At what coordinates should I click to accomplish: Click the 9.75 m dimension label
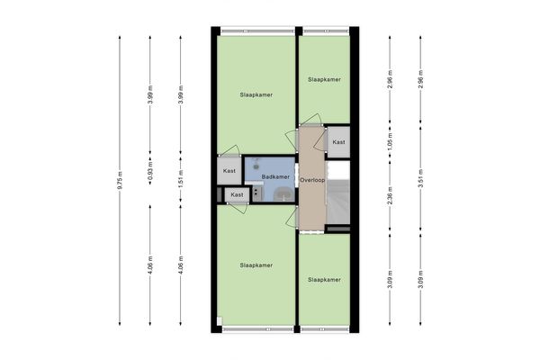pyautogui.click(x=120, y=180)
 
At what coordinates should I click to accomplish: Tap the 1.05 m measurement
pyautogui.click(x=390, y=143)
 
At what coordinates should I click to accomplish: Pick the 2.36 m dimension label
pyautogui.click(x=390, y=195)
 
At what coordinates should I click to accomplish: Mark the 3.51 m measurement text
pyautogui.click(x=420, y=181)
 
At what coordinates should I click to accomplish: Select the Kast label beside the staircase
pyautogui.click(x=337, y=142)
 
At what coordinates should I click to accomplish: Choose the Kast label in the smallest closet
pyautogui.click(x=236, y=194)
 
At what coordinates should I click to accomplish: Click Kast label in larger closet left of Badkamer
pyautogui.click(x=229, y=170)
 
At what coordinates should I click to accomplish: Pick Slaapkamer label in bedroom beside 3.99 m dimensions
pyautogui.click(x=256, y=94)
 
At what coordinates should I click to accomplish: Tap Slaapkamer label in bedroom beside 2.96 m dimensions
pyautogui.click(x=324, y=80)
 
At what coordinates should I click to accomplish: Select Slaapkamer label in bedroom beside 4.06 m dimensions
pyautogui.click(x=256, y=265)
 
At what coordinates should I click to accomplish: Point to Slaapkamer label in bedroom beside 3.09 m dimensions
pyautogui.click(x=324, y=280)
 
